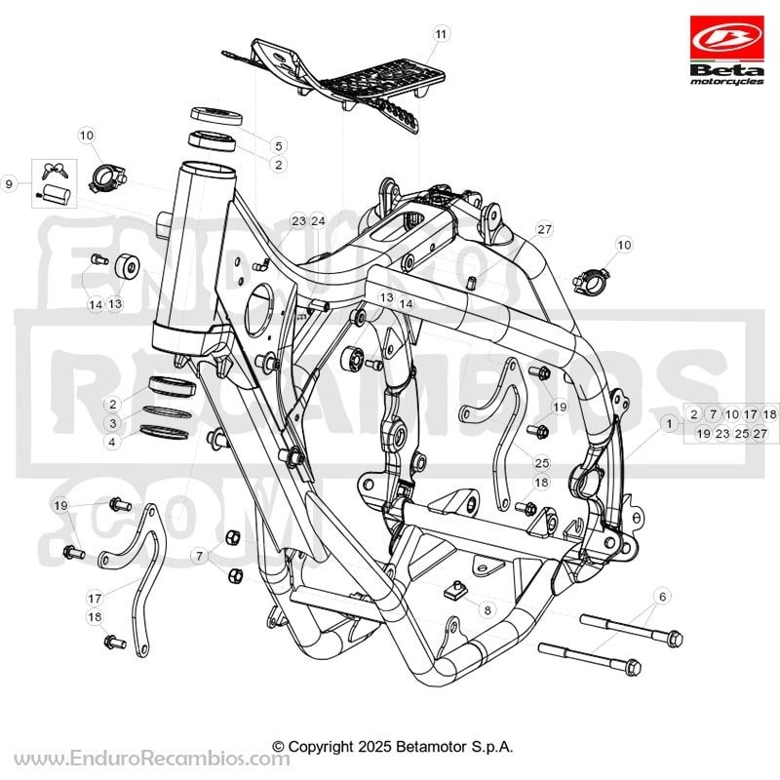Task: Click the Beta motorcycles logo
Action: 726,51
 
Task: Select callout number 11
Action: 441,34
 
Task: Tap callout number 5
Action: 278,145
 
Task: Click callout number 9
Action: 9,184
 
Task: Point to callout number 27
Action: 545,229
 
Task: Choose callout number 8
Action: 487,610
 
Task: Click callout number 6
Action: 662,596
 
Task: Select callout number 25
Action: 541,463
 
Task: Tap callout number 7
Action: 200,556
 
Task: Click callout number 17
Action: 95,598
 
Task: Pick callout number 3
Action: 113,423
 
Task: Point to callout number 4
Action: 112,442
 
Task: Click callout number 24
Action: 318,221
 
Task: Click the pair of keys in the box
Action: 55,171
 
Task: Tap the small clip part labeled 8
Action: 456,590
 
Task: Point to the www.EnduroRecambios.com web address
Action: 152,759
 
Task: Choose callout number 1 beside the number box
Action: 669,423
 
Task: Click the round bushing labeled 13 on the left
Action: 128,267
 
